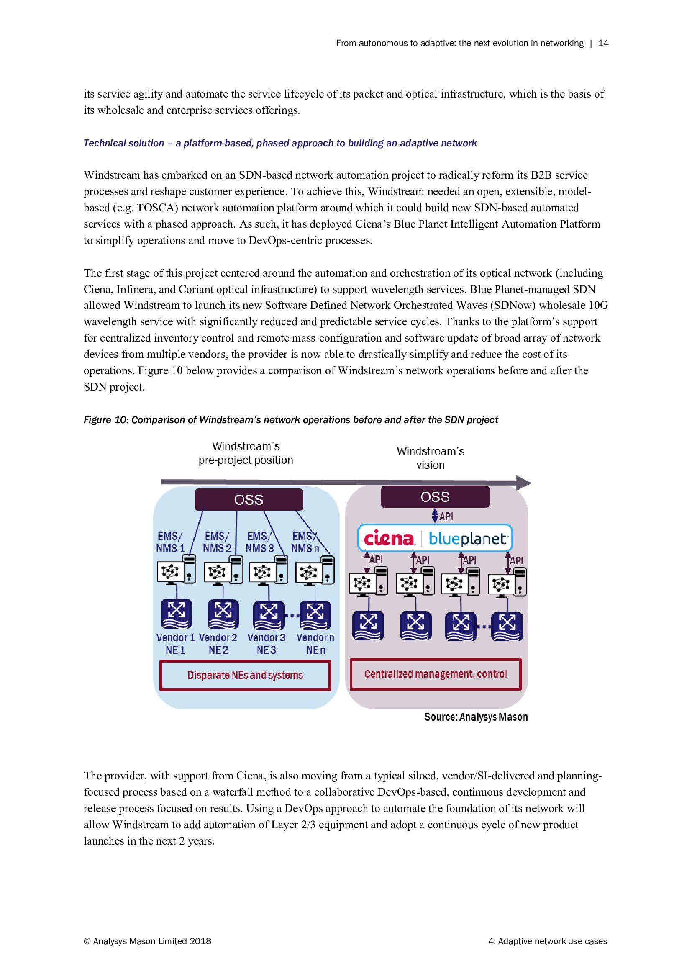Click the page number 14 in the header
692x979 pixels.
603,43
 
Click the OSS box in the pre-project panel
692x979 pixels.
249,499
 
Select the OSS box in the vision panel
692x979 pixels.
435,497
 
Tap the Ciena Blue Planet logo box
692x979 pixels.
435,538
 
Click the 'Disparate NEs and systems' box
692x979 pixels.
245,675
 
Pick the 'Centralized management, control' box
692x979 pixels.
436,674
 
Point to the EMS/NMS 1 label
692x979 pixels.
170,542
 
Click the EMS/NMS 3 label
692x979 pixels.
259,542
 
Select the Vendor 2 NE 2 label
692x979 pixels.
218,643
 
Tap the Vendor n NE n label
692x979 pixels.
315,643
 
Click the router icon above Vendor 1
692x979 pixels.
176,614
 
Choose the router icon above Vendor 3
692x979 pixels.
269,614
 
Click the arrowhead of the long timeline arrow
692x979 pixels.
524,483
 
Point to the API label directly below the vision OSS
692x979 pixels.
446,516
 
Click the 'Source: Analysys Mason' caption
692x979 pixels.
476,717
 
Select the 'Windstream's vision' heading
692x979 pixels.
431,458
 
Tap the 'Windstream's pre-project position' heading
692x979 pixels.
246,453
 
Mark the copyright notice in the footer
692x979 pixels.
147,941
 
